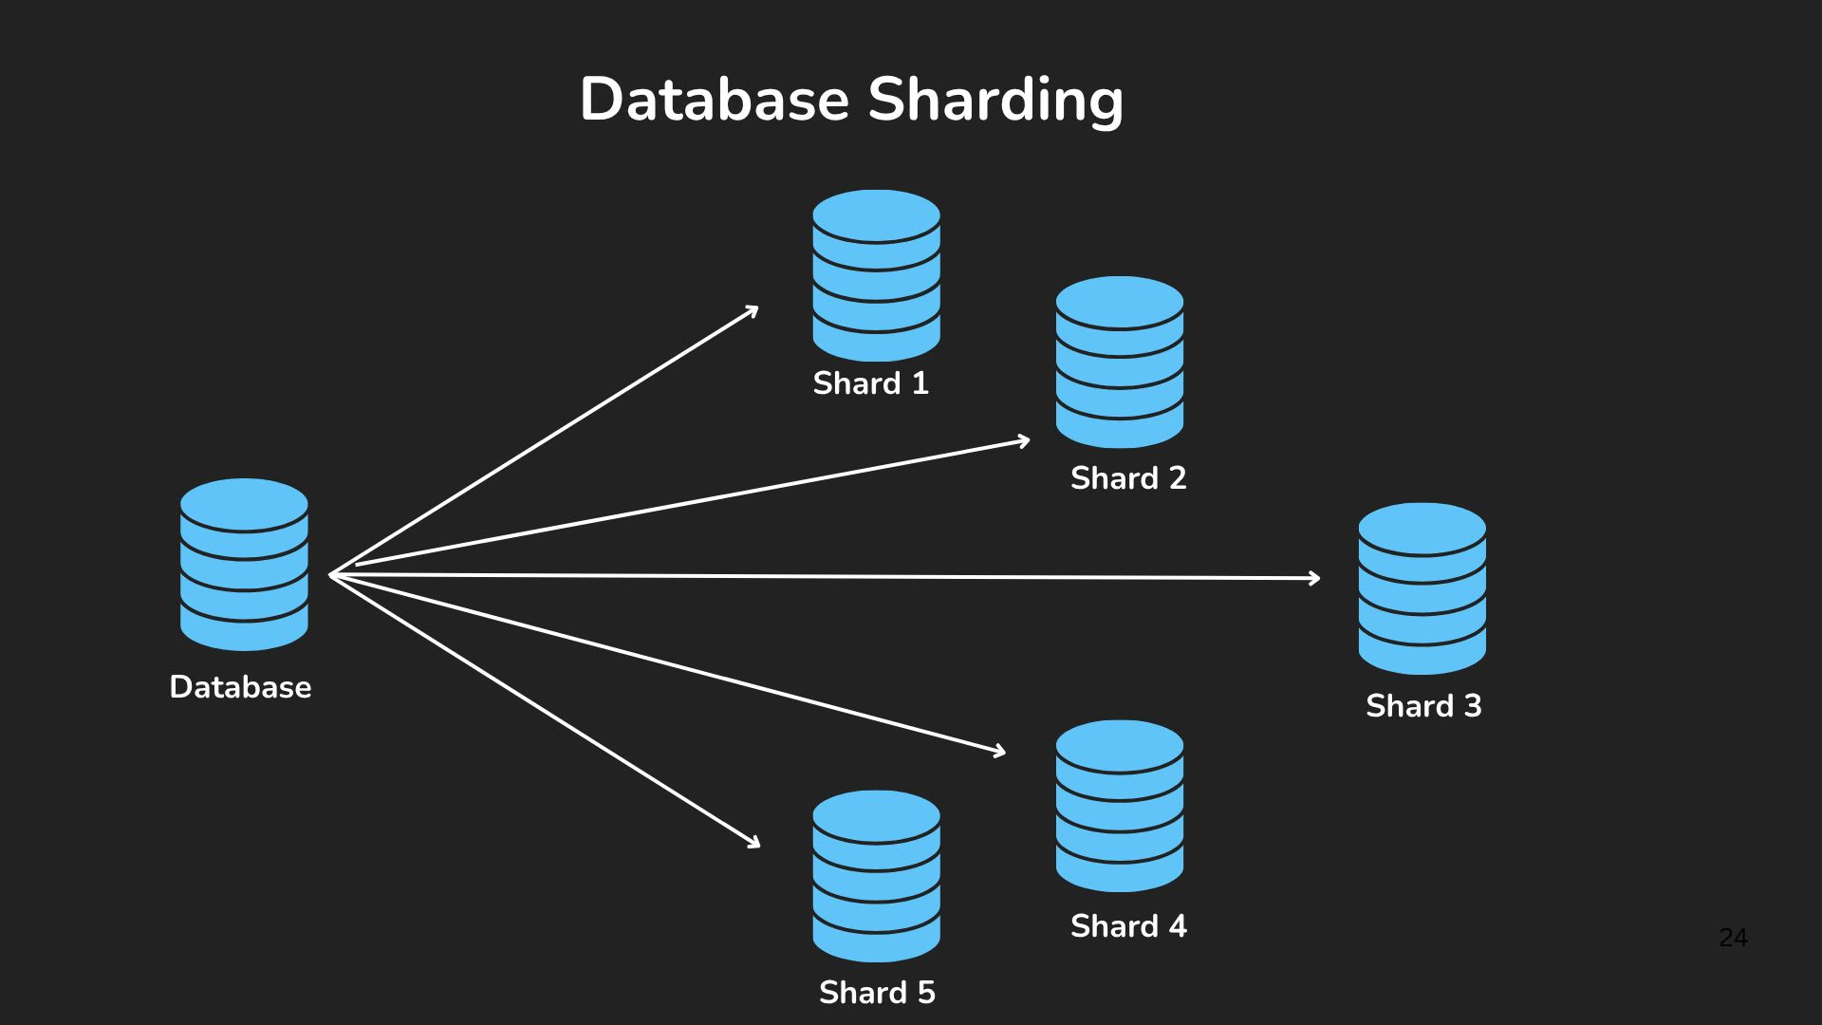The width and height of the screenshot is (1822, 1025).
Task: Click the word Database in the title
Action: (714, 99)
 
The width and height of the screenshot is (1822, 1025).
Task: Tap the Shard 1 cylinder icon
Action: (876, 275)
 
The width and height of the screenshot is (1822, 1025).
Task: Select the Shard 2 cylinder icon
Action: (1119, 362)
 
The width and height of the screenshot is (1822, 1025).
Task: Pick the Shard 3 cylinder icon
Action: (1422, 588)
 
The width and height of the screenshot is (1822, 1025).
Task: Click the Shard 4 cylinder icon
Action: (1119, 805)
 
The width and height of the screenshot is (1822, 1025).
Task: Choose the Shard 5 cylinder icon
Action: (876, 875)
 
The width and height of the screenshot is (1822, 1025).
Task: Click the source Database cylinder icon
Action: (244, 564)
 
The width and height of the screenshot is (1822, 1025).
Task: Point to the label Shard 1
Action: (870, 383)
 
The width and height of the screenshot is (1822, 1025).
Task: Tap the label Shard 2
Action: (1128, 478)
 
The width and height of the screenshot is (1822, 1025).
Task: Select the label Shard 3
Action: (1423, 706)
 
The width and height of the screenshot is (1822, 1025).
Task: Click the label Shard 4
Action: (1128, 926)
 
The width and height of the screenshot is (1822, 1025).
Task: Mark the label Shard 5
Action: (877, 993)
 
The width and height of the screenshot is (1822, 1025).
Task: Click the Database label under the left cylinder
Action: (240, 687)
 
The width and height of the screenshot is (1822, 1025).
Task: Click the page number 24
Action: (1733, 938)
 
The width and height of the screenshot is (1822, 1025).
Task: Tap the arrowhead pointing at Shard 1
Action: (753, 309)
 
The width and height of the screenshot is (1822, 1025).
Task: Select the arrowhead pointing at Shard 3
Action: (1315, 578)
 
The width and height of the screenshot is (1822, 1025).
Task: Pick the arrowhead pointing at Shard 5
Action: (755, 843)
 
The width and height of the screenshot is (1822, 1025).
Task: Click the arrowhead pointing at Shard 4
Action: (1000, 752)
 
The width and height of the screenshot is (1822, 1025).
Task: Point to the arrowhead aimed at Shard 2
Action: (1025, 440)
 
